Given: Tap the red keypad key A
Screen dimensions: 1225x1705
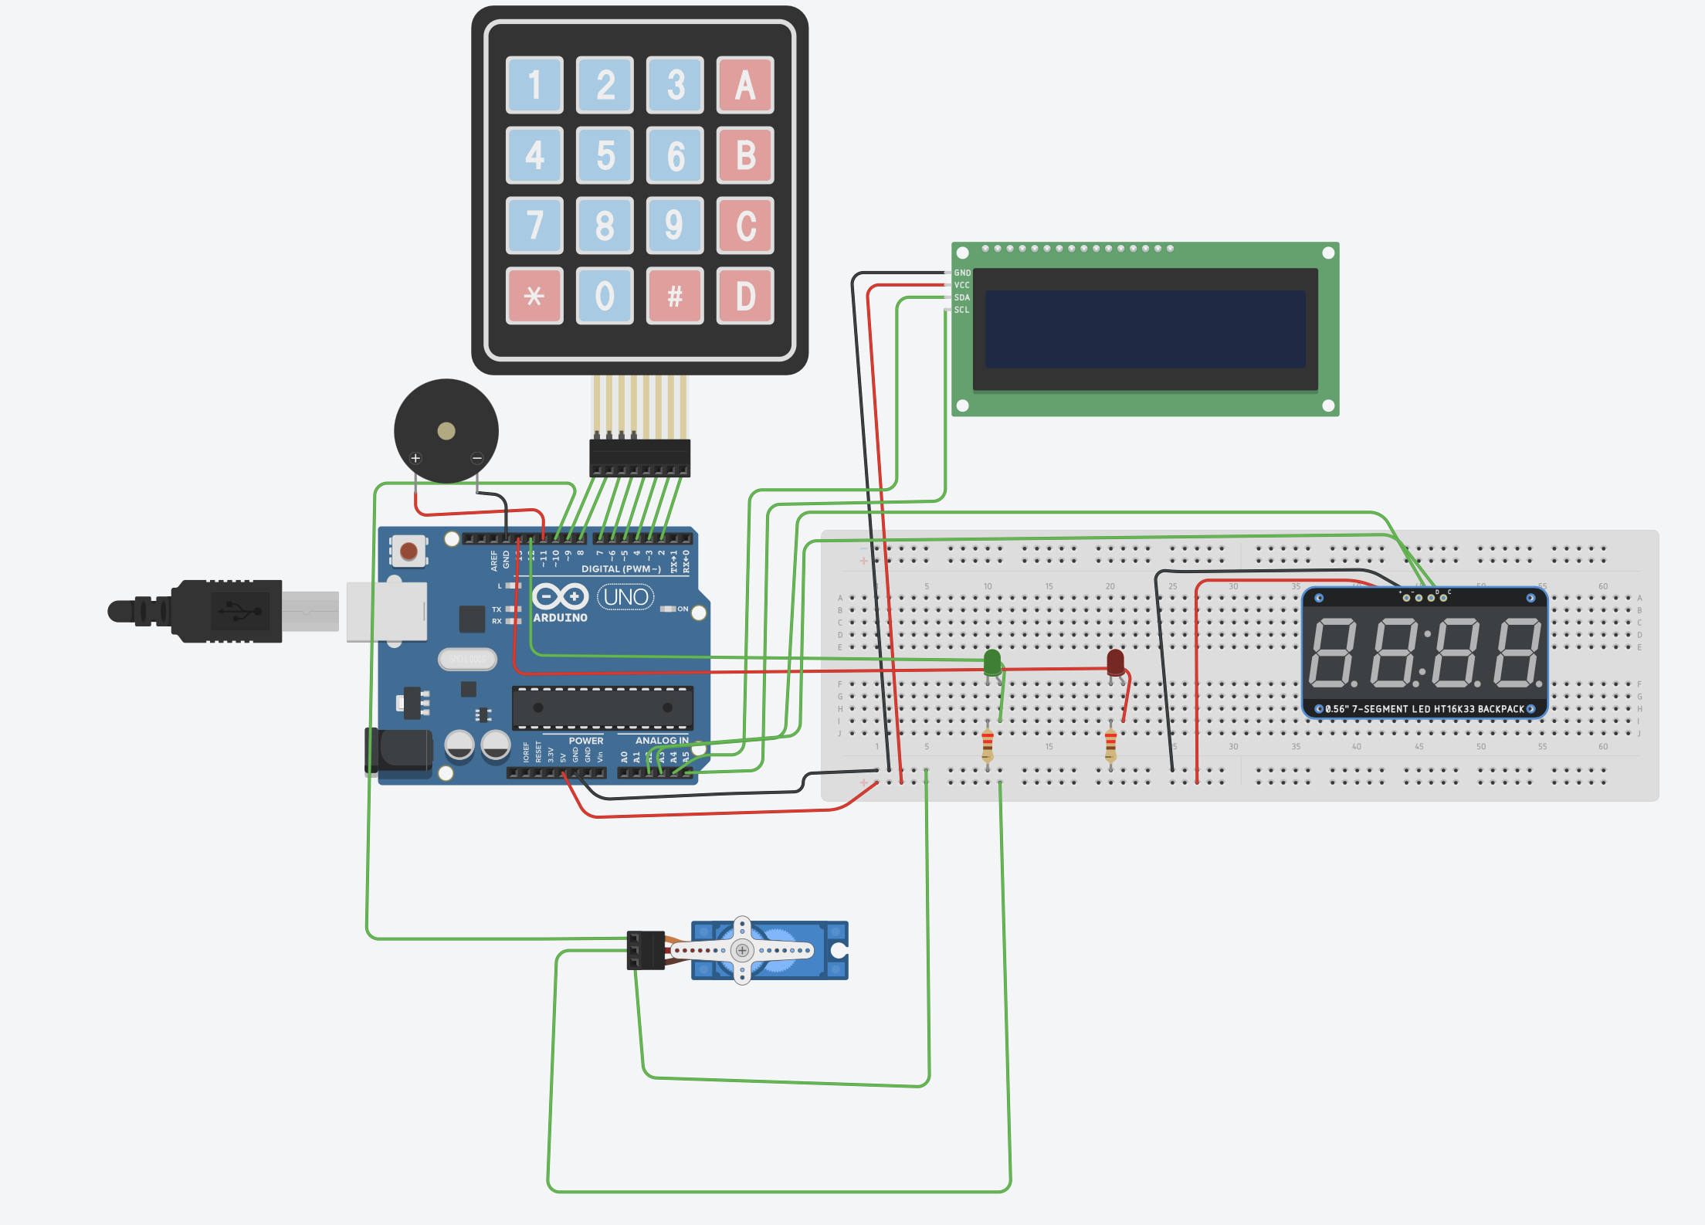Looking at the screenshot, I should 744,85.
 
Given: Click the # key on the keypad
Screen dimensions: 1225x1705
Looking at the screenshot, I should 675,296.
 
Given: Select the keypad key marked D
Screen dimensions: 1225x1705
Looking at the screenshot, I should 744,296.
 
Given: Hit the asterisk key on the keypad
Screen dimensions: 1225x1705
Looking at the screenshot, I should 534,296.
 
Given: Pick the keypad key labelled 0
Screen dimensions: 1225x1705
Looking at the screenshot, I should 605,296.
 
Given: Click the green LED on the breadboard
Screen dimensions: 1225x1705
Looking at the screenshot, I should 992,662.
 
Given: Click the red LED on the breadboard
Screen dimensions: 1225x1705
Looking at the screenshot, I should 1115,662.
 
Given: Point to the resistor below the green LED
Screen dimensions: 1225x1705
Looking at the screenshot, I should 988,745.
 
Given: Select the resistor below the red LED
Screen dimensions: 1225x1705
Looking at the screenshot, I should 1110,745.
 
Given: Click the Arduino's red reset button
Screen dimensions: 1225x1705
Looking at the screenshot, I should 408,551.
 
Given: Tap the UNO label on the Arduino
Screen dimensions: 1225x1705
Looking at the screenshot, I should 625,597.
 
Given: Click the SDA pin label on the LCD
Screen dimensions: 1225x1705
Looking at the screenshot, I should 961,297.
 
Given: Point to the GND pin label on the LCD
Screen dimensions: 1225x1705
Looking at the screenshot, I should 962,273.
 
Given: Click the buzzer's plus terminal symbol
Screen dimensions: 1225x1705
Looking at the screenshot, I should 415,458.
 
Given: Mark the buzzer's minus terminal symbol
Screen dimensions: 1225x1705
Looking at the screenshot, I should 477,458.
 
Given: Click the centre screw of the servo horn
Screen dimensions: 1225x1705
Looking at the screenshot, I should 742,950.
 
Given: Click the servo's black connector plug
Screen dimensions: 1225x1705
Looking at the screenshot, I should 646,950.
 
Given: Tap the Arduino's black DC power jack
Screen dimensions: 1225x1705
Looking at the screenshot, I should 399,750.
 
